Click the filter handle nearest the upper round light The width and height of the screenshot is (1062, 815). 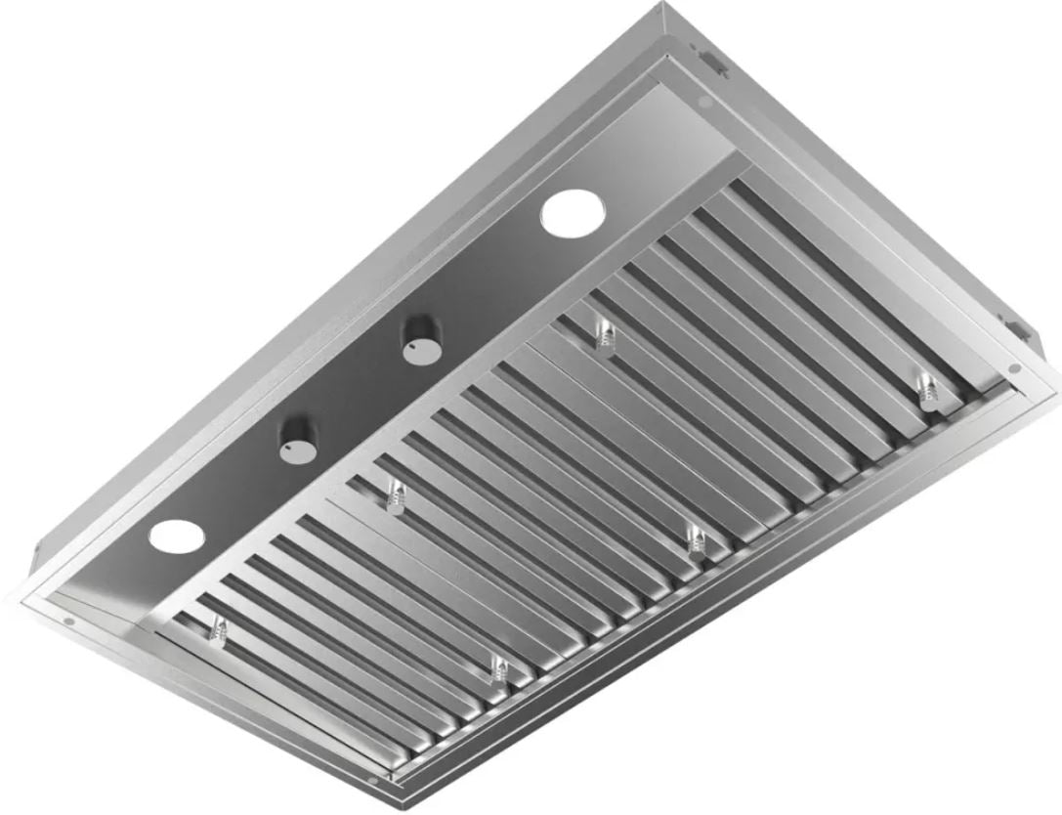tap(606, 336)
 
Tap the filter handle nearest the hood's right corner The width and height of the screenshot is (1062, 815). tap(925, 386)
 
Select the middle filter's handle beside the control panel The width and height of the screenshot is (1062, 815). tap(395, 493)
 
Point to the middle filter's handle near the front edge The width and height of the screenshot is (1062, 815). tap(698, 537)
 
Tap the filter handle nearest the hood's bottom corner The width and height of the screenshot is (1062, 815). tap(499, 671)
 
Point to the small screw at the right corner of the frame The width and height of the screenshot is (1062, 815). tap(1014, 368)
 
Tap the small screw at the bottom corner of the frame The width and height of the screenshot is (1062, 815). tap(395, 777)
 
